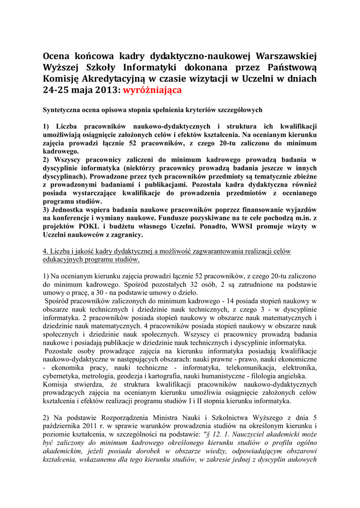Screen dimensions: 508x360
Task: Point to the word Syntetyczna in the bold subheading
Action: [63, 109]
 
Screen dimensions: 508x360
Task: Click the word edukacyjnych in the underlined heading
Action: [63, 259]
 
